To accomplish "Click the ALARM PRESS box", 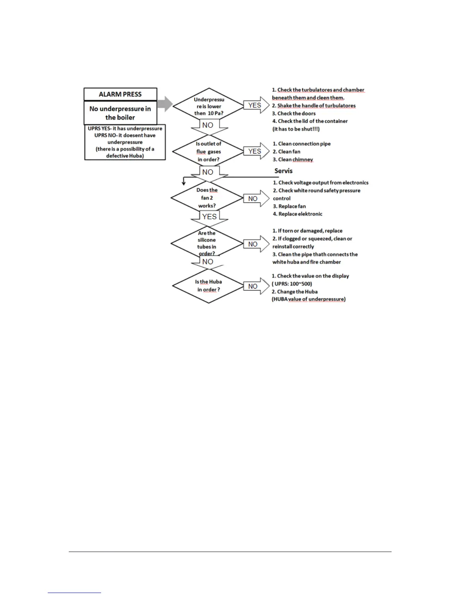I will tap(120, 94).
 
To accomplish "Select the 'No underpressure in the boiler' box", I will tap(120, 113).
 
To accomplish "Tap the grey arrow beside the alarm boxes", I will tap(165, 103).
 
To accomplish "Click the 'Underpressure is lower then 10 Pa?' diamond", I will tap(209, 106).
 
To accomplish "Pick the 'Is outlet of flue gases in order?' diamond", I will tap(209, 152).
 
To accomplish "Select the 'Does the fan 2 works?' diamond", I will tap(207, 198).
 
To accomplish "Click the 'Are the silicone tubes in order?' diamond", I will tap(207, 243).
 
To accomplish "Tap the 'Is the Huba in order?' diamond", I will tap(209, 286).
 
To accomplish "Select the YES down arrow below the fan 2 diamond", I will tap(209, 217).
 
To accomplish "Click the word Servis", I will tap(283, 171).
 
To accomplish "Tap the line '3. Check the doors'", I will tap(294, 113).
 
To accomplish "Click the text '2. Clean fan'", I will tap(286, 152).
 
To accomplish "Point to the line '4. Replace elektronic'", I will tap(298, 214).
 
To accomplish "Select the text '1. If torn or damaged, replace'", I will tap(307, 231).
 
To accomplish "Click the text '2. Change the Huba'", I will tap(295, 292).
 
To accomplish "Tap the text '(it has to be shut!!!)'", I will tap(296, 129).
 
